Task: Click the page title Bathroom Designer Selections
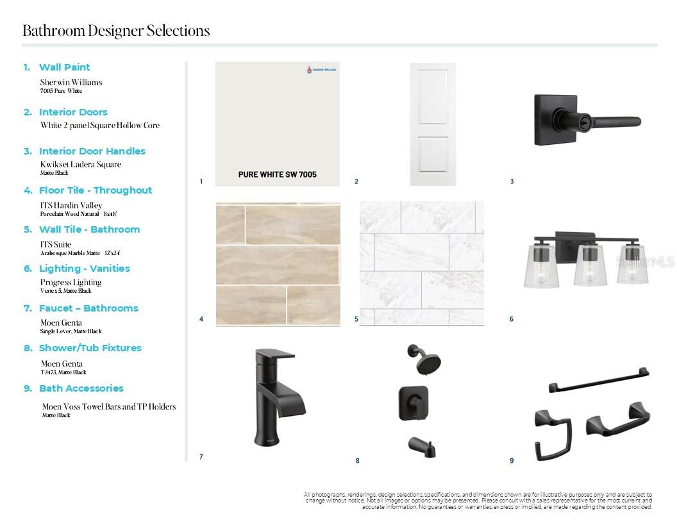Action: click(x=116, y=31)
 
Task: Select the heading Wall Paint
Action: click(x=64, y=67)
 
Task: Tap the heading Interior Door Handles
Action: click(x=92, y=151)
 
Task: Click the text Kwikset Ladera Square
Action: click(x=80, y=165)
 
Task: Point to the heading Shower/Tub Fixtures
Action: click(x=90, y=348)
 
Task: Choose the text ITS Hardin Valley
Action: click(x=71, y=206)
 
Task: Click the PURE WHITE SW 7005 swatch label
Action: click(x=277, y=174)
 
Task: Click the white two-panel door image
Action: click(x=433, y=124)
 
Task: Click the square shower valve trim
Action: click(x=414, y=403)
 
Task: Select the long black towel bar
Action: click(x=599, y=380)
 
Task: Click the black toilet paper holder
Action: click(x=618, y=422)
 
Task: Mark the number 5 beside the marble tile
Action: click(x=356, y=319)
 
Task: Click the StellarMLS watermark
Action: click(x=646, y=262)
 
